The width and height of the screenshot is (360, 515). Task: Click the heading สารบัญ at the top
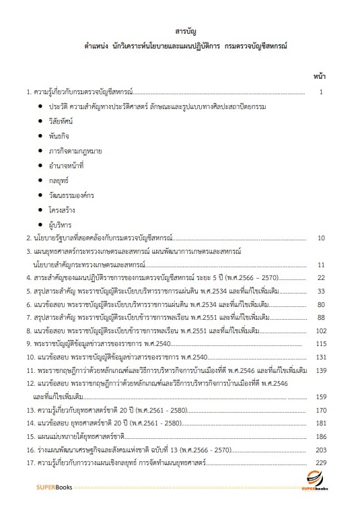pos(180,33)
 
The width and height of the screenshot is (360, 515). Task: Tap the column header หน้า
pos(320,77)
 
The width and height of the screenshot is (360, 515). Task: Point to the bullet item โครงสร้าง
pos(62,209)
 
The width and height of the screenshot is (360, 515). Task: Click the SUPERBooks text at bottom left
pos(56,504)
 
